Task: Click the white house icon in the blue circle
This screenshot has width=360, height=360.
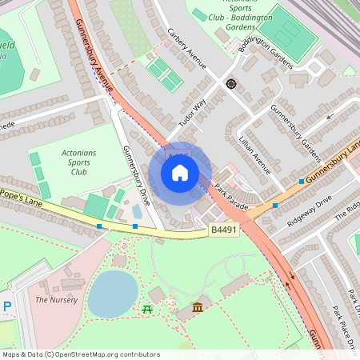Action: click(180, 172)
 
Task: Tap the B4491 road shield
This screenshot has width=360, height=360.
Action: click(224, 230)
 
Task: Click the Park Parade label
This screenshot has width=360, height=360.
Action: click(231, 197)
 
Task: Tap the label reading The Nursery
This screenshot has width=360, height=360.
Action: click(56, 300)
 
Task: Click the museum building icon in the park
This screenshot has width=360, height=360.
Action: click(198, 308)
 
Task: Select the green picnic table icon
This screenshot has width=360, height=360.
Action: click(146, 309)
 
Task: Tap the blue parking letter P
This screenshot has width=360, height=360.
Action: click(7, 306)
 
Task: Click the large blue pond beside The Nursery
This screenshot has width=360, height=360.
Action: click(112, 293)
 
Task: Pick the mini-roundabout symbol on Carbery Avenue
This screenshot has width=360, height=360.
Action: click(231, 83)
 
